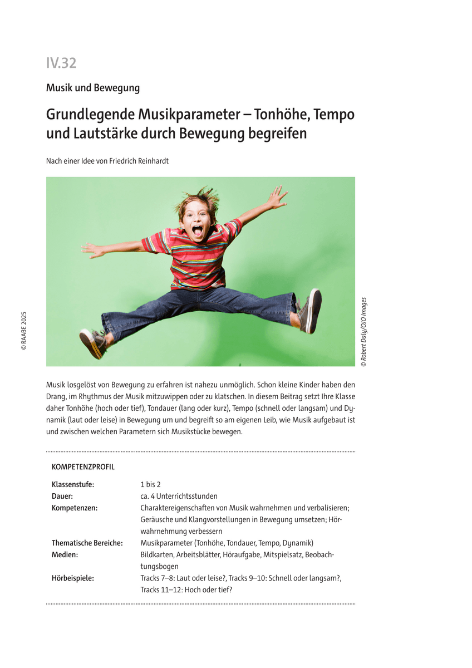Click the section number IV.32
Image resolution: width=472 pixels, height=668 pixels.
[x=61, y=63]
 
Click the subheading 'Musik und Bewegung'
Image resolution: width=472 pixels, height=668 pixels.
[x=93, y=88]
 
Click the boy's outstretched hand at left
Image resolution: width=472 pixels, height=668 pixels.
[x=92, y=249]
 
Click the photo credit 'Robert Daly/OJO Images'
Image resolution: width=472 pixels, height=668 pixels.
[x=363, y=332]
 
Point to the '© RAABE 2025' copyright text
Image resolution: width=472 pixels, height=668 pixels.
[x=24, y=330]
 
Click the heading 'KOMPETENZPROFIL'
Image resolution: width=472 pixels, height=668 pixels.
[x=83, y=467]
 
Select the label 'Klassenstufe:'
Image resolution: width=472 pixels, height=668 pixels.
[x=73, y=484]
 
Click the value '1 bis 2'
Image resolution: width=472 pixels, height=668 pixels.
[x=150, y=484]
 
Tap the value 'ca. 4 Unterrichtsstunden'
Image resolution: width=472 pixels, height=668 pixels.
[x=179, y=496]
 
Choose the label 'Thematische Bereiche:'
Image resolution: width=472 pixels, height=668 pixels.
[x=87, y=543]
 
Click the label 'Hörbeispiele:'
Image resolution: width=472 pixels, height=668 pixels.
[x=73, y=578]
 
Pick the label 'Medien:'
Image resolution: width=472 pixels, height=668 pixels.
[x=65, y=554]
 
